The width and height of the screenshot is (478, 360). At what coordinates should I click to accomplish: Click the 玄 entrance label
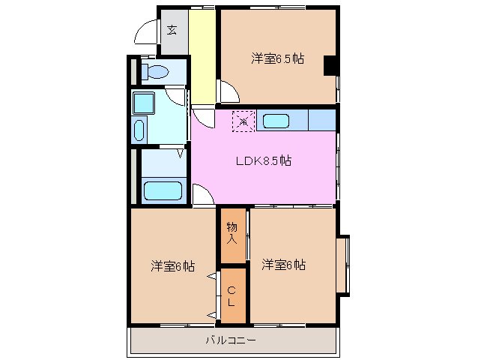point(172,31)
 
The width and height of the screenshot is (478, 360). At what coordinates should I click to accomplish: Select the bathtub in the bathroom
point(163,190)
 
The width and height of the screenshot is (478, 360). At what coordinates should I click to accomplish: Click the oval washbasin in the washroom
point(139,129)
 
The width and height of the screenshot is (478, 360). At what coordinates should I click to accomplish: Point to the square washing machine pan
point(142,102)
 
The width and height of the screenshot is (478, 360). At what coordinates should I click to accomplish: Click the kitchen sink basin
point(276,121)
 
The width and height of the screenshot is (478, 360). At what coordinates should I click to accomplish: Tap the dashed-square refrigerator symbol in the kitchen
point(243,121)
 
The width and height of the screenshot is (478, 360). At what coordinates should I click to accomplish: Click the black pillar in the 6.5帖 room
point(330,67)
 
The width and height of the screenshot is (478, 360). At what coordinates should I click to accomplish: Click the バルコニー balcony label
point(232,341)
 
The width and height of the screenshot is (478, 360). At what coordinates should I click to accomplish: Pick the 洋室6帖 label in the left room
point(173,265)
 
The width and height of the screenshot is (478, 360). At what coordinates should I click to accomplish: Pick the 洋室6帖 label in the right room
point(283,264)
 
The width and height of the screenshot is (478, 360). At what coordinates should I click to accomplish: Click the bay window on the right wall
point(342,264)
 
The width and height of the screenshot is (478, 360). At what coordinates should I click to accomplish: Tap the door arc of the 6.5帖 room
point(229,94)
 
